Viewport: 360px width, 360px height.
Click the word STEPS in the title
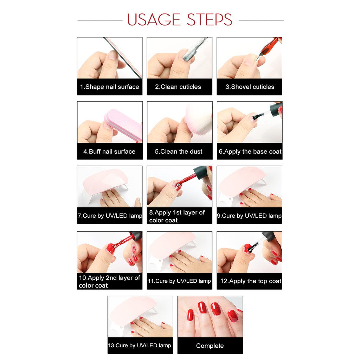pos(209,20)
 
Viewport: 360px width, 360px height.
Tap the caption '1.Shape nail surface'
pos(110,87)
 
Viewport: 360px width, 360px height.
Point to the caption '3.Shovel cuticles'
pos(249,87)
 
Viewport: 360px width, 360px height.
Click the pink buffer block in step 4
pos(124,124)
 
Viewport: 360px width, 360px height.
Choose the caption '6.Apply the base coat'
pos(249,152)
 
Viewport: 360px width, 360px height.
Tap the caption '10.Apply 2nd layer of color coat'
pos(109,282)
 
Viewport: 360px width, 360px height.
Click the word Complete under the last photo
pos(210,346)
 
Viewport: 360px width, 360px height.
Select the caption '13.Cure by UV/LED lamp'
pos(140,345)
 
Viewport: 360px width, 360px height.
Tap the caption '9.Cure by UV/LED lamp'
pos(249,216)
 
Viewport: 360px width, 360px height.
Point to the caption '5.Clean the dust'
pos(179,152)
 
